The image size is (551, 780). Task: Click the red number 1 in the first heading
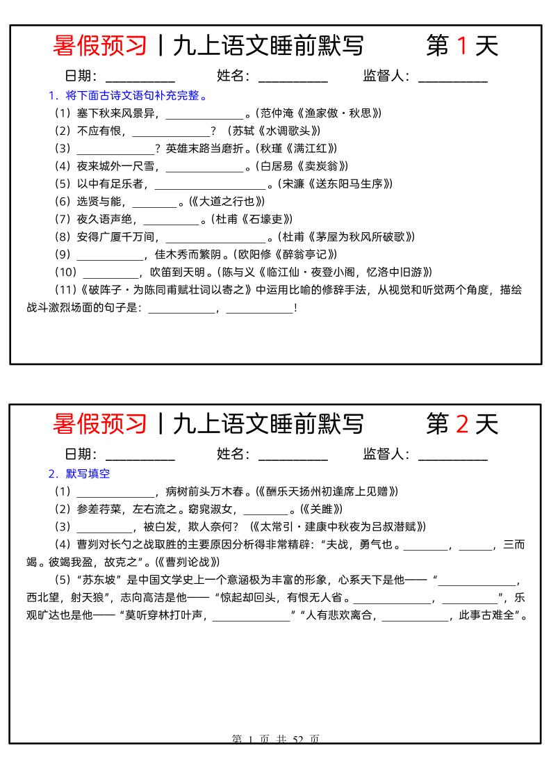(x=461, y=46)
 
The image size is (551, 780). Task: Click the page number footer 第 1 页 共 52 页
(x=275, y=740)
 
